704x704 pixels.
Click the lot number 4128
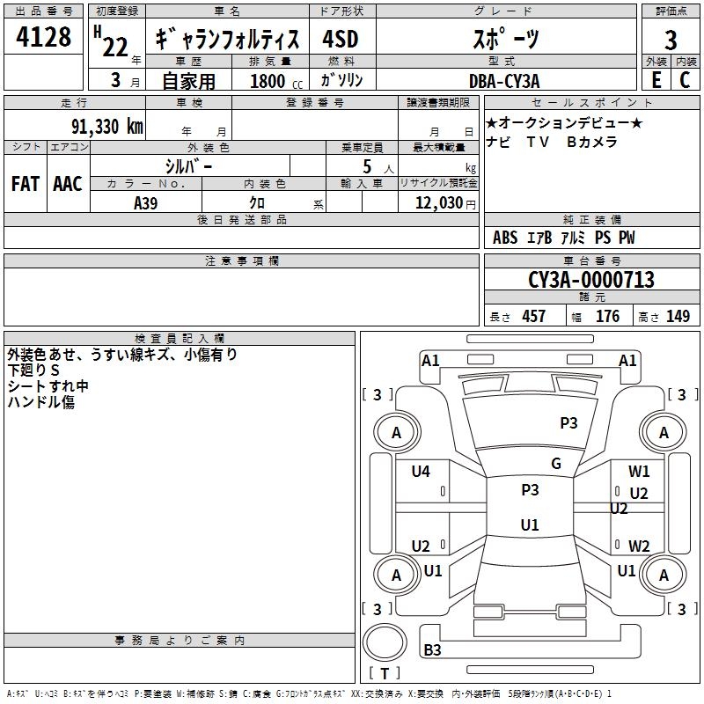coord(43,37)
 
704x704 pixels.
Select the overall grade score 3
coord(671,40)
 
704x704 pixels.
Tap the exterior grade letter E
coord(656,80)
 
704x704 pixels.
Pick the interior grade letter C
coord(685,80)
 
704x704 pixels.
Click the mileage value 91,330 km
coord(107,127)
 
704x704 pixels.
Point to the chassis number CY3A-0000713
coord(591,280)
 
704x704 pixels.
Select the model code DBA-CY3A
coord(504,81)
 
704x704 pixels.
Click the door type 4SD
coord(341,39)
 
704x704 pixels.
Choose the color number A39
coord(145,203)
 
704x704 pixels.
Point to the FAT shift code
coord(26,184)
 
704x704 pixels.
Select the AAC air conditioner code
coord(68,184)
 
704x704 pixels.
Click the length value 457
coord(534,316)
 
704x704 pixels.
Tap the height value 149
coord(678,316)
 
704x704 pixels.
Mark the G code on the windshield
coord(556,464)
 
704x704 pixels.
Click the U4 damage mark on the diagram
coord(421,472)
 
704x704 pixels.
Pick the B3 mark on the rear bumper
coord(432,649)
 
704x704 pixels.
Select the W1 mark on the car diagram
coord(639,472)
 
